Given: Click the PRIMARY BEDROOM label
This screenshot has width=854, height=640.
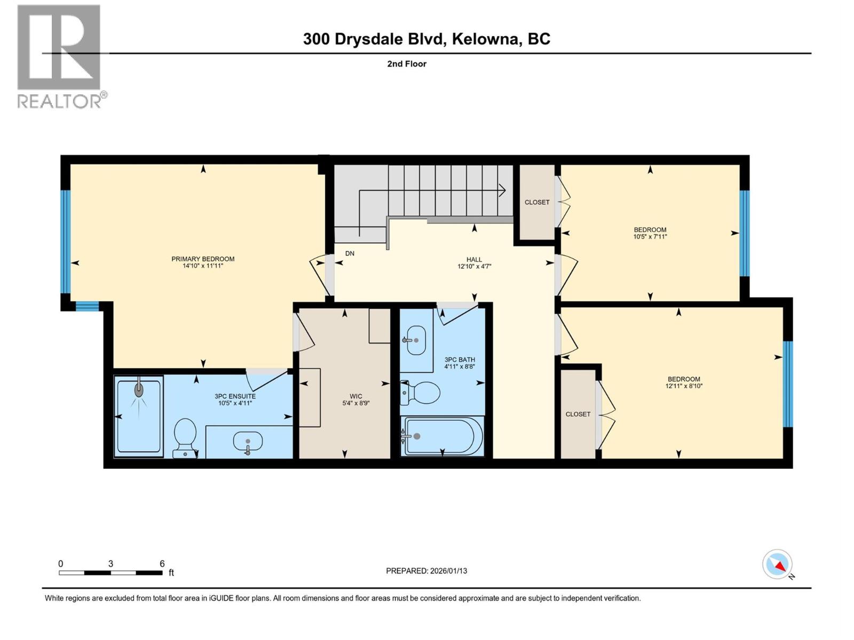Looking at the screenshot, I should coord(203,259).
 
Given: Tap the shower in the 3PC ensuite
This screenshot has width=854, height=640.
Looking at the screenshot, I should coord(139,416).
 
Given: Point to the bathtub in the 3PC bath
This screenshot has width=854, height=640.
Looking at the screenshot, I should coord(443,436).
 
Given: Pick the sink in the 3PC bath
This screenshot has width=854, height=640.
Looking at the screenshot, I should coord(416,340).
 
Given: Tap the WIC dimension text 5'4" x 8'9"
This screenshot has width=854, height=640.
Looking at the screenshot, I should coord(355,403).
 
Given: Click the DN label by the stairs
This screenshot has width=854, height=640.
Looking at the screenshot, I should coord(350,253).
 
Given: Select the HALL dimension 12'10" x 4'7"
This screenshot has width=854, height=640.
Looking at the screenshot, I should coord(474,266).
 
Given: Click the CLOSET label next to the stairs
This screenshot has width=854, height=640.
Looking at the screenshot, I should coord(537,202).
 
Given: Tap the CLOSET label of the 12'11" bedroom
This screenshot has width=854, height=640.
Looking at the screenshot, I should coord(578,414).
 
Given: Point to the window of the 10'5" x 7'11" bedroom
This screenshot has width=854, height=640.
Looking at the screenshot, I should coord(745,233).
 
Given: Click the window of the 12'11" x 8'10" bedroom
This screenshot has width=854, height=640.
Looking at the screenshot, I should coord(788,384).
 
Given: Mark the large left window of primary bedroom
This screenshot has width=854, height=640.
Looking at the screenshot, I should coord(65,242).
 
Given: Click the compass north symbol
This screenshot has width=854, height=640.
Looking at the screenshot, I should coord(778,565).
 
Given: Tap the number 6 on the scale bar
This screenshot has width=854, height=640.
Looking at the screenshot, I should coord(162,564).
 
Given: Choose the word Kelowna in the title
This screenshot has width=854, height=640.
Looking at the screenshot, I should coord(486,39).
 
